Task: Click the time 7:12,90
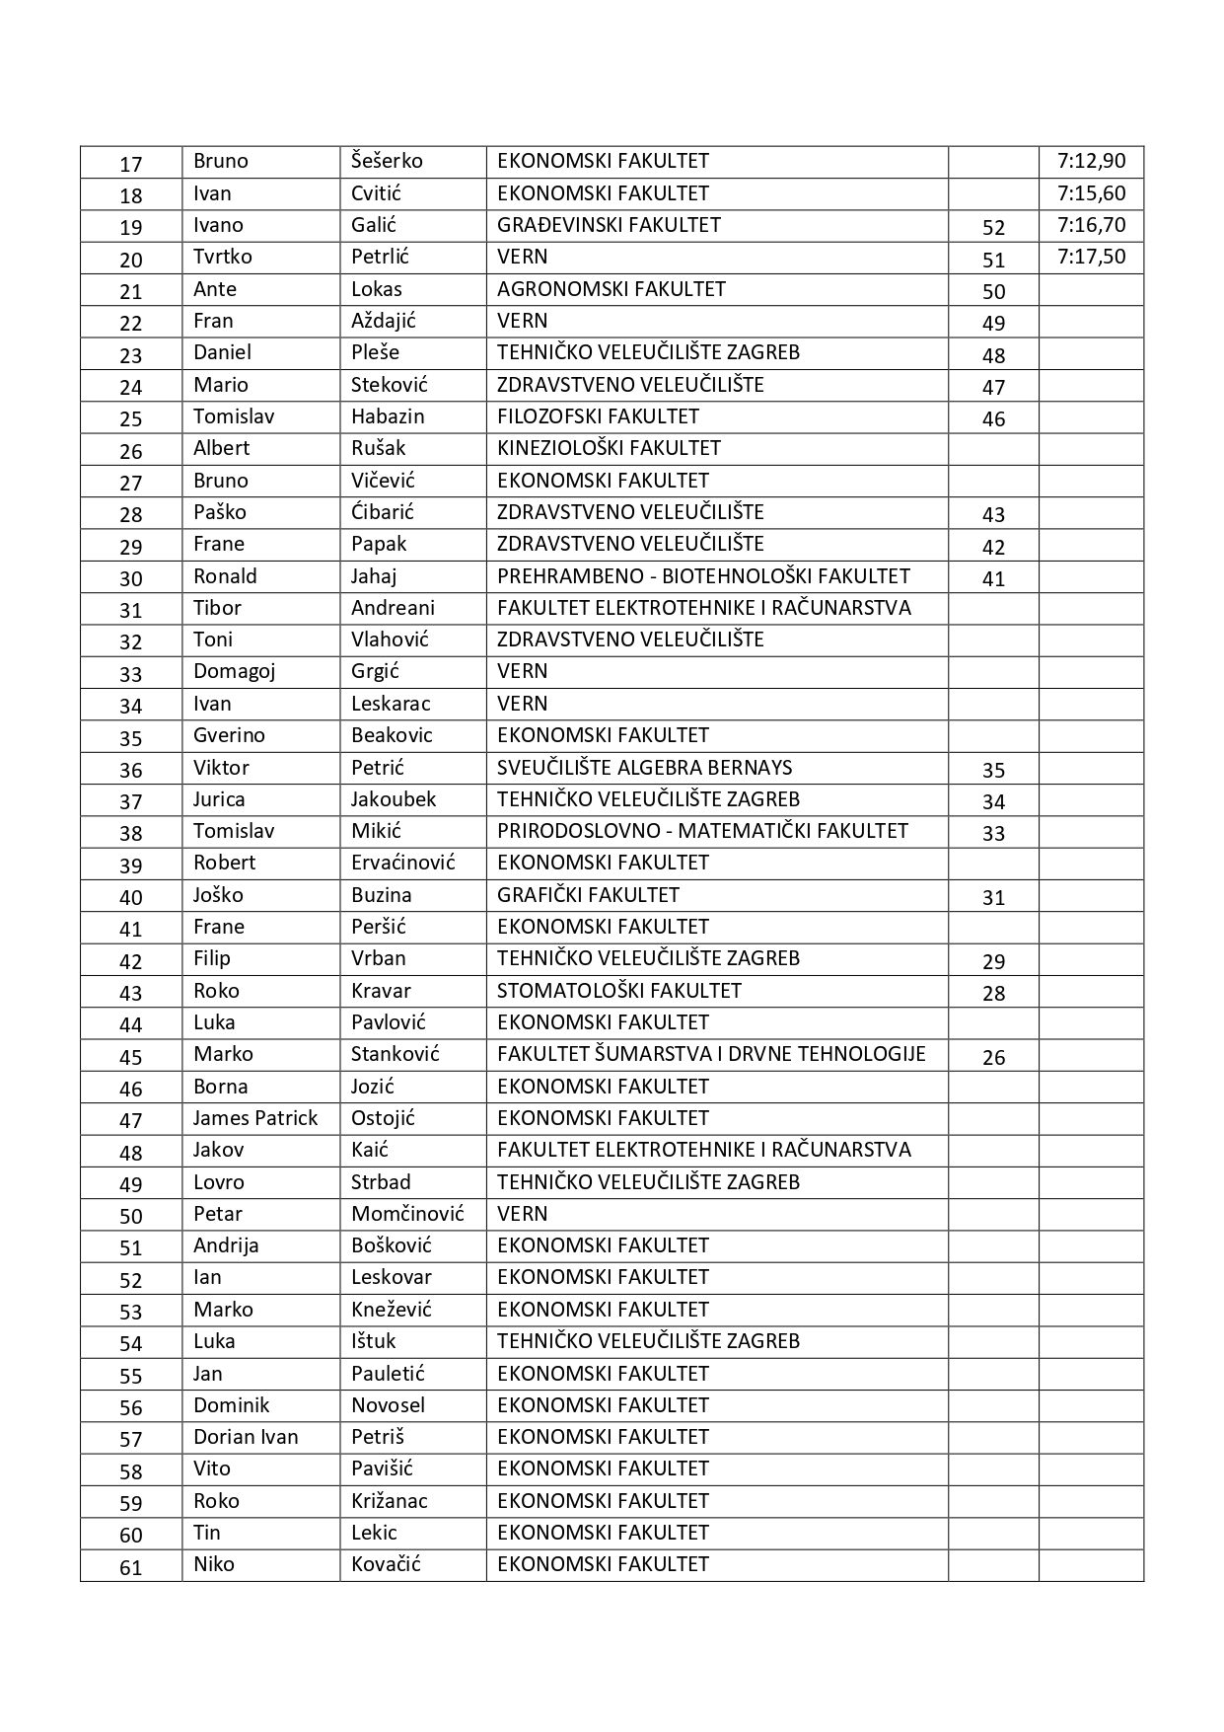click(x=1091, y=162)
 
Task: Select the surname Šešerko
click(x=387, y=162)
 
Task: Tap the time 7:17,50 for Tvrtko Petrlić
click(x=1091, y=258)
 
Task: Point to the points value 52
click(x=993, y=228)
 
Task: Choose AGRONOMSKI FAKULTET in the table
click(x=611, y=289)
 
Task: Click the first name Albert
click(x=221, y=448)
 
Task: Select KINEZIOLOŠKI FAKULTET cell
click(x=609, y=448)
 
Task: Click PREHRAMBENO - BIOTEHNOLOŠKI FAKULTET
click(x=703, y=576)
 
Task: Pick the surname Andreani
click(x=393, y=608)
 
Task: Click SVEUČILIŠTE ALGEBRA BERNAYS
click(x=644, y=768)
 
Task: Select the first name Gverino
click(x=229, y=735)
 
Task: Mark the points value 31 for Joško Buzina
click(x=993, y=898)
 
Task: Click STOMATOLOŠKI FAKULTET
click(x=618, y=991)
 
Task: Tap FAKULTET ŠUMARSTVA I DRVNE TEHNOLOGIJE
click(x=711, y=1054)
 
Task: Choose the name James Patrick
click(x=254, y=1118)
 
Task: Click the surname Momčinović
click(x=407, y=1214)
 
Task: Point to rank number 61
click(x=131, y=1567)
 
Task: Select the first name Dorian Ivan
click(x=246, y=1437)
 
